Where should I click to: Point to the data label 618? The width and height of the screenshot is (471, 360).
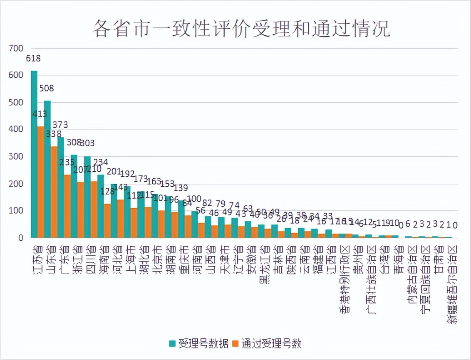coord(33,59)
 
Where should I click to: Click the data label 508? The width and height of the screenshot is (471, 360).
coord(47,88)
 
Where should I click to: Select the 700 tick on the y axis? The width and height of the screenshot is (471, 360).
coord(16,49)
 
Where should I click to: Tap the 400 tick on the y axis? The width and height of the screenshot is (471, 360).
coord(16,130)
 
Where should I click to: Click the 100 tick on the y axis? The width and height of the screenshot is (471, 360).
coord(16,211)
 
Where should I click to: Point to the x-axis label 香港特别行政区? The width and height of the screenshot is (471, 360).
coord(345,278)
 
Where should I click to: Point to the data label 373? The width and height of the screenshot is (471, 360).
coord(60,125)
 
